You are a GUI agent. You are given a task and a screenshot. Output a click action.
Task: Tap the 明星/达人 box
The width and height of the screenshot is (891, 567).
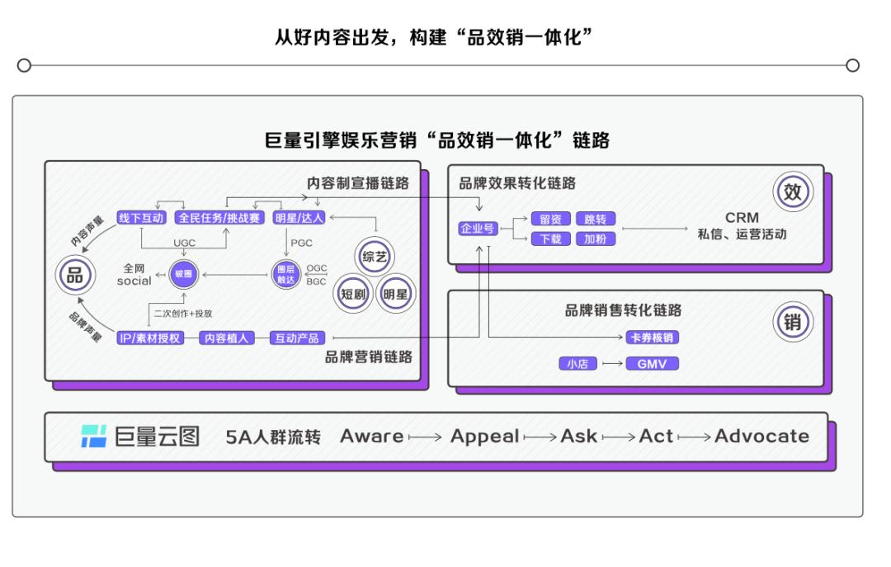click(x=301, y=218)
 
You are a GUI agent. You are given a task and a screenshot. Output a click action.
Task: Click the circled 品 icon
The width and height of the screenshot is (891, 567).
click(x=74, y=276)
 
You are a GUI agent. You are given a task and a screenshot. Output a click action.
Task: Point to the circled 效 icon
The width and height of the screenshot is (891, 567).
click(x=792, y=193)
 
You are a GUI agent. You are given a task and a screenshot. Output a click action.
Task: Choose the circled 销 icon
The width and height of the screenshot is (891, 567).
click(x=792, y=322)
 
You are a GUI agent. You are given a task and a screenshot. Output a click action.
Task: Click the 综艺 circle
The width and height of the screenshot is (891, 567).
click(x=374, y=257)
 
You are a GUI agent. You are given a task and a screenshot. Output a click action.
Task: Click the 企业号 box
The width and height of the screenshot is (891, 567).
click(x=478, y=229)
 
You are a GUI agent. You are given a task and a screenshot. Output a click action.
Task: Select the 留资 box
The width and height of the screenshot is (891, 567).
click(x=550, y=220)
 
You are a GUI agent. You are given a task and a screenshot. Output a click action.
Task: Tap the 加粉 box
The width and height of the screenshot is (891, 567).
click(x=596, y=239)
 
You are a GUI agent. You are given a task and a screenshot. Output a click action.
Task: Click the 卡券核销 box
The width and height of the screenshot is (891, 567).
click(x=653, y=338)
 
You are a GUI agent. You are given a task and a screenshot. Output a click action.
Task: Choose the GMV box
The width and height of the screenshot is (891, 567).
click(x=652, y=363)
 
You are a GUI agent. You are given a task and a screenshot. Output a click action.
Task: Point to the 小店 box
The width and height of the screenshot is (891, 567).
click(x=578, y=363)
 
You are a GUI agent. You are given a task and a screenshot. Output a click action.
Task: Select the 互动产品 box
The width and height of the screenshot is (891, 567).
click(x=297, y=338)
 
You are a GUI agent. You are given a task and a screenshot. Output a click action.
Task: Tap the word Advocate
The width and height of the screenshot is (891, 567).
click(x=761, y=437)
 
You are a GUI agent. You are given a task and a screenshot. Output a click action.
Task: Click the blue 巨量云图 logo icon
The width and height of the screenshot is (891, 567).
click(x=93, y=437)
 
